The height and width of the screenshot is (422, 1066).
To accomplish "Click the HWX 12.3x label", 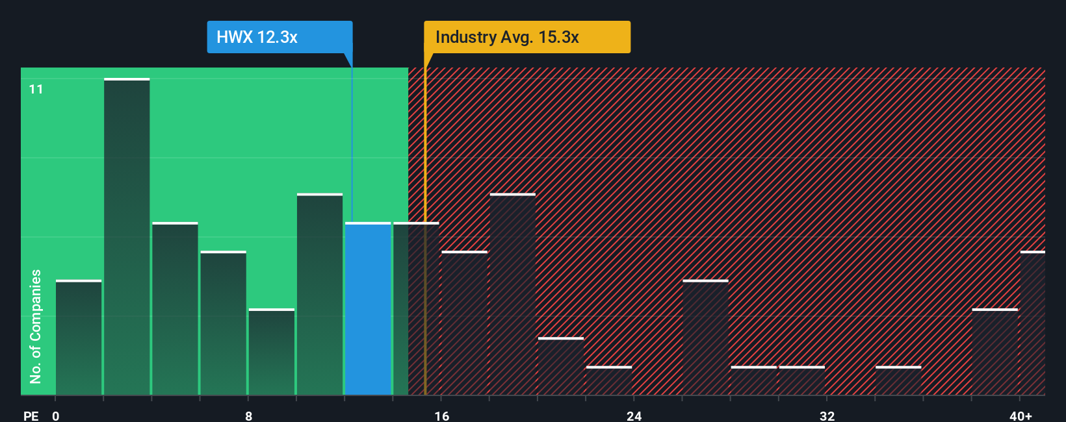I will [x=279, y=37].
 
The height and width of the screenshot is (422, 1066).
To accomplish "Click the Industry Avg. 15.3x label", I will [x=526, y=37].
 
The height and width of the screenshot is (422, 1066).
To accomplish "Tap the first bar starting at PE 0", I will [x=79, y=338].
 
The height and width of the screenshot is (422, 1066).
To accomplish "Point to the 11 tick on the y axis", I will [x=36, y=89].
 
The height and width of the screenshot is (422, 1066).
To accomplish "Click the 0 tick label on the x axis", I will [x=56, y=416].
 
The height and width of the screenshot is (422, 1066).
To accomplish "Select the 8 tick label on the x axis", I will [x=248, y=416].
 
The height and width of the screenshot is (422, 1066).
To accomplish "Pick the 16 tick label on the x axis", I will [x=441, y=416].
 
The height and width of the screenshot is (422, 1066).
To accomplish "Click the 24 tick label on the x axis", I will [x=634, y=416].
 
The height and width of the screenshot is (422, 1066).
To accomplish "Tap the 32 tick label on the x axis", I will [x=827, y=416].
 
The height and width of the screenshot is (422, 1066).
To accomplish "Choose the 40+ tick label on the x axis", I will [x=1020, y=416].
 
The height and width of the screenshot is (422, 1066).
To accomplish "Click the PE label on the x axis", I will [x=31, y=416].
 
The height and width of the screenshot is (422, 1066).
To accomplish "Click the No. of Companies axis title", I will [x=36, y=326].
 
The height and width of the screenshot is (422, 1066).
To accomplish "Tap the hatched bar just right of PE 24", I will [x=705, y=338].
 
